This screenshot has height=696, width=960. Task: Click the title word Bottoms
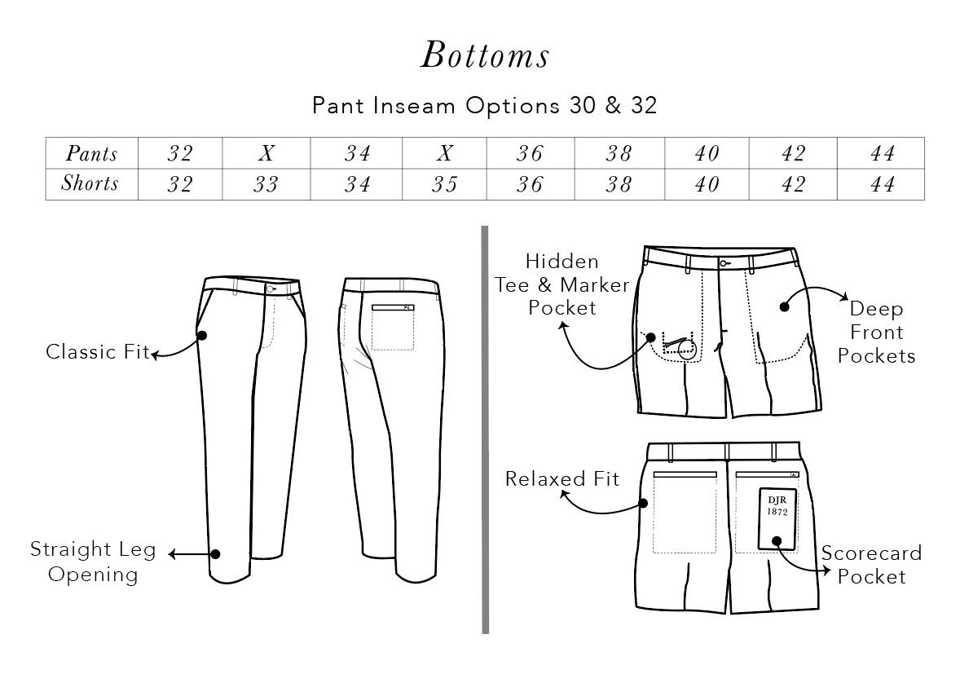(485, 55)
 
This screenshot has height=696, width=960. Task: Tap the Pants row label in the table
(91, 154)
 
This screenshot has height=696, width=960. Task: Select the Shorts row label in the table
(90, 184)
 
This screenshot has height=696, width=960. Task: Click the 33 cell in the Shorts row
(266, 185)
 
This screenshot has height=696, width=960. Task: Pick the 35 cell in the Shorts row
(444, 185)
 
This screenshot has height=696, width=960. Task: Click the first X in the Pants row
(266, 154)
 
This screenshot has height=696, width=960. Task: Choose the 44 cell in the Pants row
(882, 154)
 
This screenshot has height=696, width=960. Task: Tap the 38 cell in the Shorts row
(619, 185)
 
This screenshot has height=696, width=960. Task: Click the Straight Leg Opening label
(93, 562)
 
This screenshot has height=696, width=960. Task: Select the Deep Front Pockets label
(876, 333)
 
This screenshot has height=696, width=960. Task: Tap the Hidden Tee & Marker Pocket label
(562, 284)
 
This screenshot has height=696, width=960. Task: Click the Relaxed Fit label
(562, 478)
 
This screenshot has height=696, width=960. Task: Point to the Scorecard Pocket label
(871, 565)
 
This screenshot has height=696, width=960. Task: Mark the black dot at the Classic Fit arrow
(202, 335)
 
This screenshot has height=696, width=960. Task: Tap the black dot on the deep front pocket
(784, 306)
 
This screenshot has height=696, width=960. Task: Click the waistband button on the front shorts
(723, 263)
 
